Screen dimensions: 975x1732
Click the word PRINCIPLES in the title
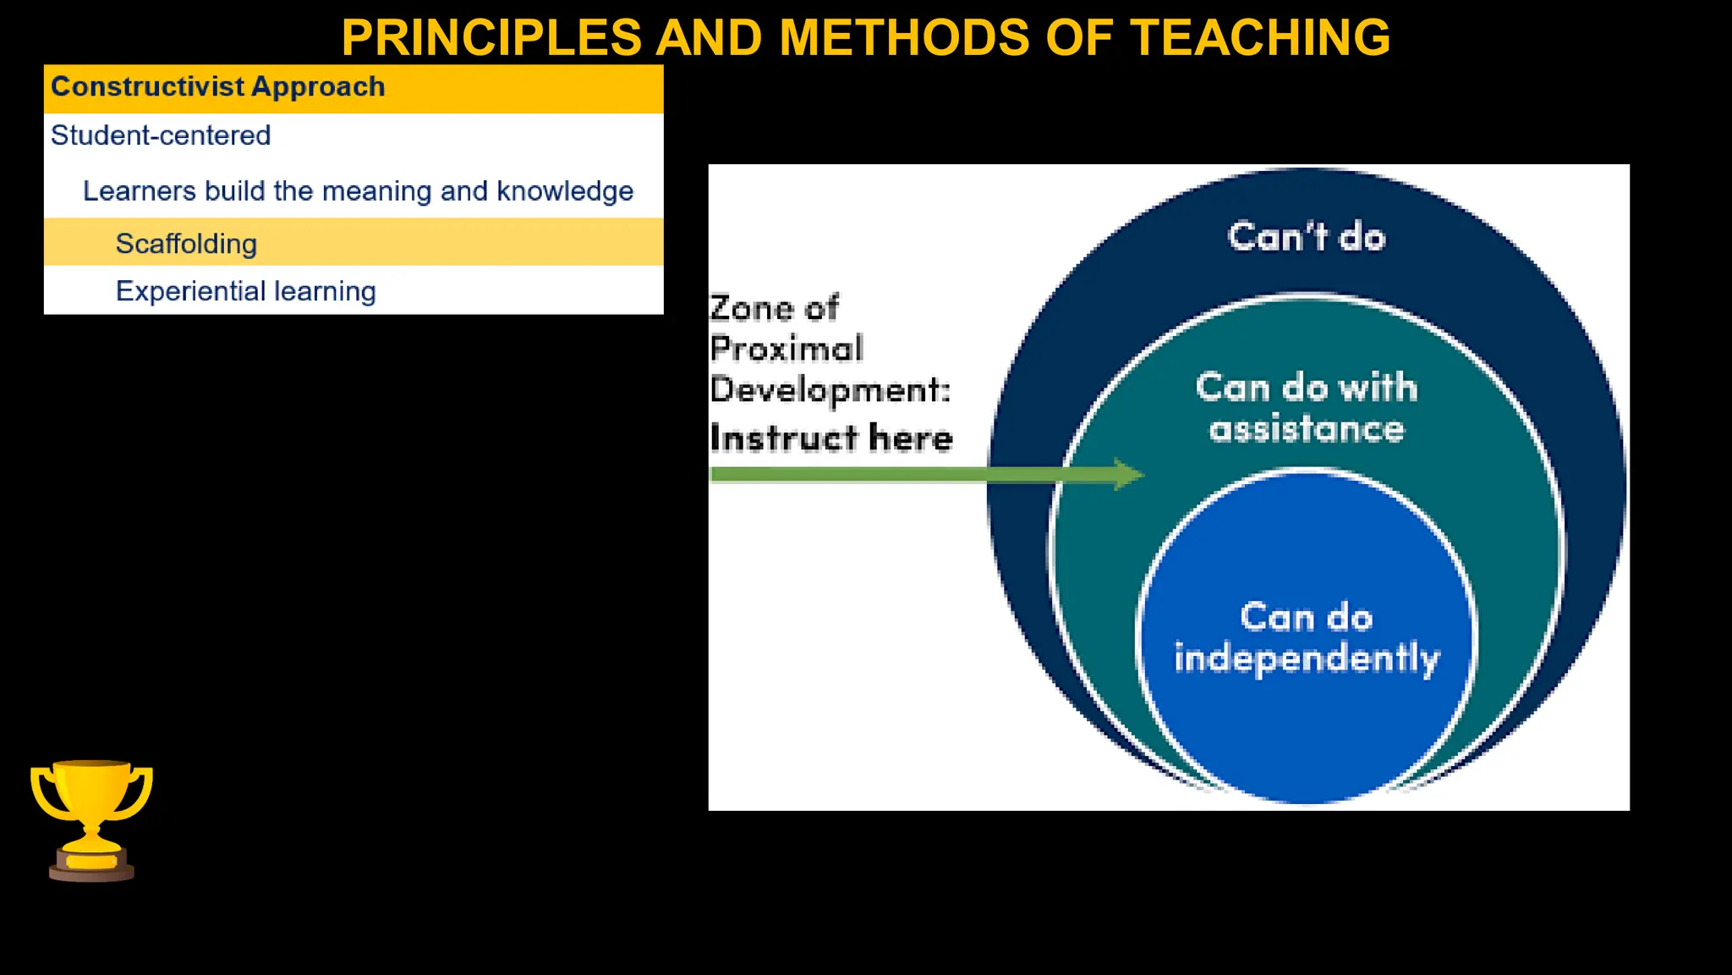point(491,38)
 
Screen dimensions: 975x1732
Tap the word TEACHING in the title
point(1260,38)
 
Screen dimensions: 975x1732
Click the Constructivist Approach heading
point(217,87)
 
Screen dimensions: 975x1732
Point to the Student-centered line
point(161,135)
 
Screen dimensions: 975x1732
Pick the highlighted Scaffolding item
point(186,244)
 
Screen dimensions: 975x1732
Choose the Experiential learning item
point(245,291)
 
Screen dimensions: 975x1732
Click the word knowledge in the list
point(564,191)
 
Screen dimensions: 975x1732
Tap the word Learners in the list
point(140,191)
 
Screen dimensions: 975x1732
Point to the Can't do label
point(1306,237)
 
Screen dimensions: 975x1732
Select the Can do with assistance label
point(1306,408)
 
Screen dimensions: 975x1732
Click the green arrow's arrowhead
point(1128,474)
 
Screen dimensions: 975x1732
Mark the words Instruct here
point(830,438)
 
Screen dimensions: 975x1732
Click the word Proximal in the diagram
point(787,349)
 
